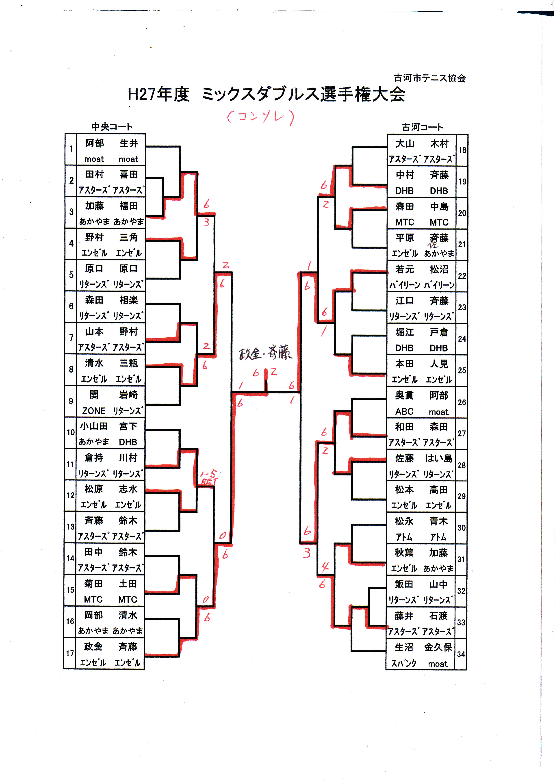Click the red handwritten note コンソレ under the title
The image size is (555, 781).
coord(260,117)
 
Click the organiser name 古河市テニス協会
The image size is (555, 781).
coord(429,78)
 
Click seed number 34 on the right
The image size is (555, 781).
coord(461,654)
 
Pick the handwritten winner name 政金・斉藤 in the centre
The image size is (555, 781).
coord(265,353)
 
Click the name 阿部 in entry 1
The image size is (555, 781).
coord(94,143)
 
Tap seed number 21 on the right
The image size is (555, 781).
coord(462,244)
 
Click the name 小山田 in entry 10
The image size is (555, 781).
coord(94,426)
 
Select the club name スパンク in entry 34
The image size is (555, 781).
coord(404,663)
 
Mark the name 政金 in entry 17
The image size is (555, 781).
coord(93,646)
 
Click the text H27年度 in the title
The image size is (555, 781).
coord(158,94)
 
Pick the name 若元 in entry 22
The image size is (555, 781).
coord(405,269)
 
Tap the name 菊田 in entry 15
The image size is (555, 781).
coord(93,584)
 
